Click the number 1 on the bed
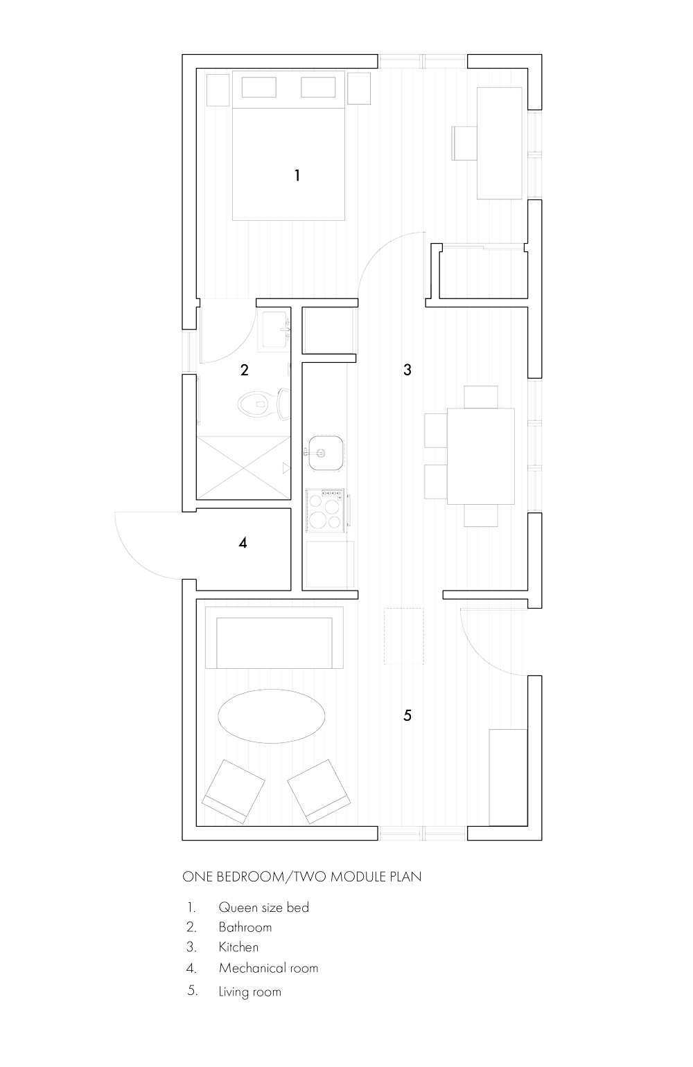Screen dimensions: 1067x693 click(297, 175)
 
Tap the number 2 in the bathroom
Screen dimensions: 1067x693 click(244, 370)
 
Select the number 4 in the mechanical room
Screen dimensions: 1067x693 click(243, 543)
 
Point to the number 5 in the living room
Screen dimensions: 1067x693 click(407, 716)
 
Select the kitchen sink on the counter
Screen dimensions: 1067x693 click(324, 453)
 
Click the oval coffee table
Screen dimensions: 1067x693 click(270, 716)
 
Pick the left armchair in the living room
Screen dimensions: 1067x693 click(234, 791)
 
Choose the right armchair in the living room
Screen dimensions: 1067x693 click(318, 791)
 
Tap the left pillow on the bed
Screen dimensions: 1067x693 click(259, 88)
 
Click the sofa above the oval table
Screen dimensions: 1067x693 click(280, 640)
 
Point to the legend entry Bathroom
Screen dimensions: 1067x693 click(245, 927)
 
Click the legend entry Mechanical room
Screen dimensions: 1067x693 click(268, 968)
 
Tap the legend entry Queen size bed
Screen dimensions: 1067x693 click(263, 907)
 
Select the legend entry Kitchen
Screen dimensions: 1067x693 click(238, 947)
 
